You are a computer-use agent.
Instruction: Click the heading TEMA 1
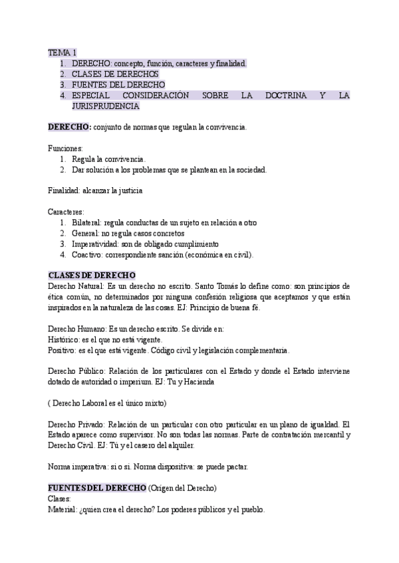click(63, 52)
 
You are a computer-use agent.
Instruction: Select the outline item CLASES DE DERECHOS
click(115, 74)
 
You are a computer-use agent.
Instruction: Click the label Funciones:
click(65, 148)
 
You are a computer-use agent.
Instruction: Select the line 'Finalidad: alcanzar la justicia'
click(95, 191)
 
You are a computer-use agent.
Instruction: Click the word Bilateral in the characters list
click(86, 222)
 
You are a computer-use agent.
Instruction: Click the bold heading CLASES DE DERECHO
click(92, 275)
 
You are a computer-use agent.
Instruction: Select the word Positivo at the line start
click(63, 350)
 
